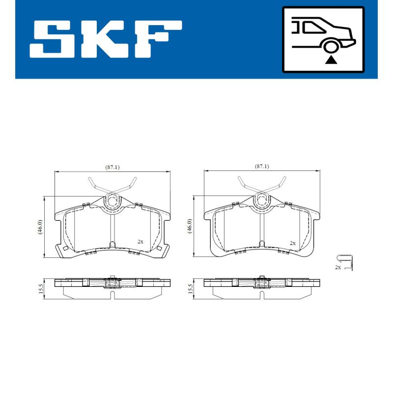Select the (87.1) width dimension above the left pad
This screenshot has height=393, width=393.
(112, 167)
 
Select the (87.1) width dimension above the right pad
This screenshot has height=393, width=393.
(262, 167)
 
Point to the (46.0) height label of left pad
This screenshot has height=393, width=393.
(40, 227)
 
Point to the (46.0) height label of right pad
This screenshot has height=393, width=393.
(189, 227)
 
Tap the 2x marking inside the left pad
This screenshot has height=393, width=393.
(140, 242)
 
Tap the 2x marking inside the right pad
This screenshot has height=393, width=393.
(292, 243)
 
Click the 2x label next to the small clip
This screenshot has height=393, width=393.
(337, 267)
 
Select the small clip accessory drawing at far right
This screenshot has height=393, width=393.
(348, 263)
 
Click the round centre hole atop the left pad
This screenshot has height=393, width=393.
(113, 201)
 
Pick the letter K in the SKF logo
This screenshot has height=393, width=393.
(105, 39)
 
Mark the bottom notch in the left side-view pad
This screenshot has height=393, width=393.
(113, 295)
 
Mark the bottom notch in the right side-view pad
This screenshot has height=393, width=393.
(262, 295)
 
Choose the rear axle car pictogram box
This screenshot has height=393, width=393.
(323, 39)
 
